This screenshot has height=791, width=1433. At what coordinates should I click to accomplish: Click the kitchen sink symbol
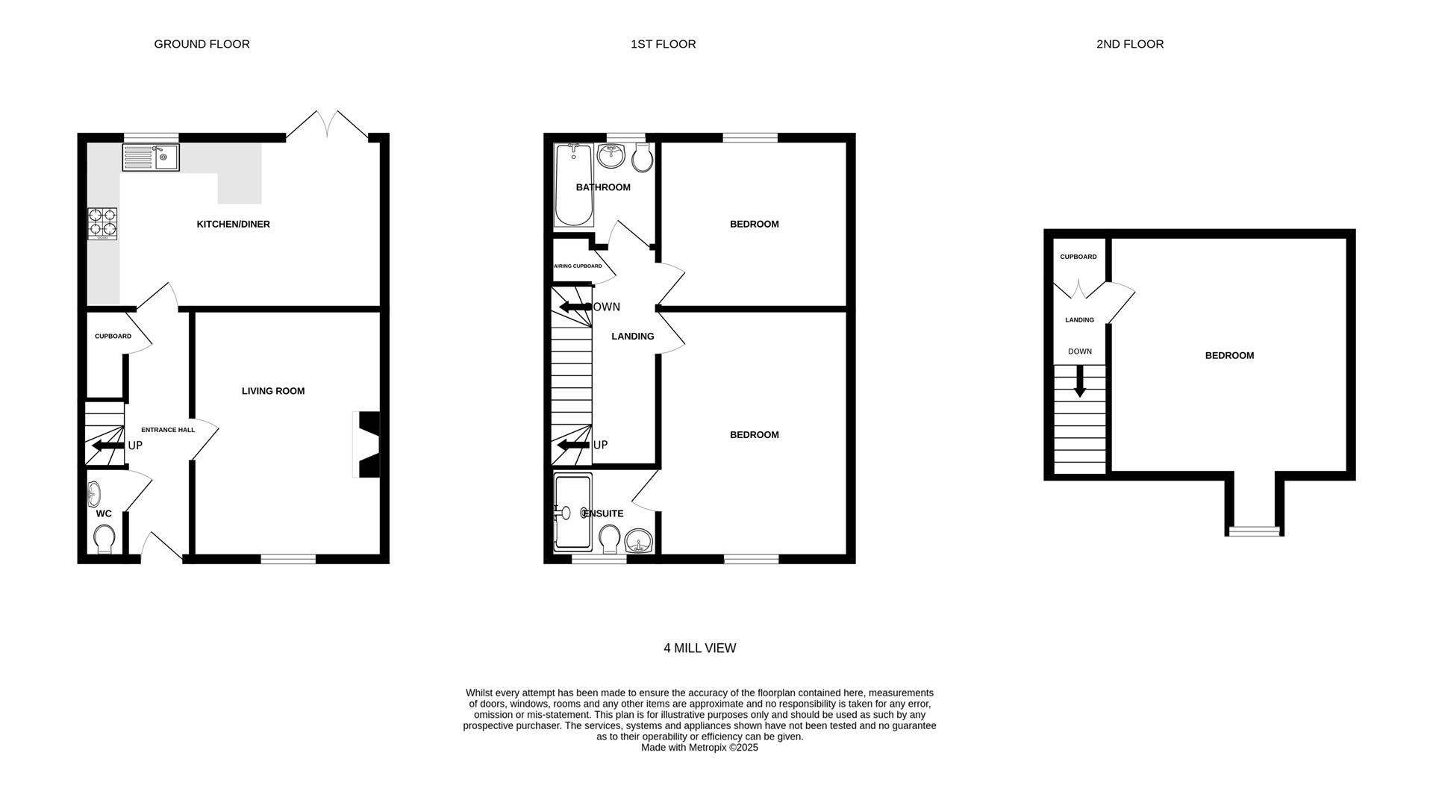click(151, 157)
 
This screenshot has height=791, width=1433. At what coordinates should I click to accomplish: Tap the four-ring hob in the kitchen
click(103, 223)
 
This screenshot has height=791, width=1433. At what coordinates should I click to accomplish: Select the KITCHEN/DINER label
click(233, 224)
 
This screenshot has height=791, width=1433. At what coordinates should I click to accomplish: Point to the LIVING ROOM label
click(273, 391)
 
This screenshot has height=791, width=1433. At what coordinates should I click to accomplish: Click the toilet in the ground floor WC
click(104, 538)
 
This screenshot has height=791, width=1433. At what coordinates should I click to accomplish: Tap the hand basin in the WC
click(94, 493)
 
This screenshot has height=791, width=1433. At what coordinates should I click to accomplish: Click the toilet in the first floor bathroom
click(642, 157)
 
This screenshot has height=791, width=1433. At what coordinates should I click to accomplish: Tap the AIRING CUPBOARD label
click(578, 266)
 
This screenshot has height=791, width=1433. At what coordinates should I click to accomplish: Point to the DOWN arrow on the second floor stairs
click(1079, 384)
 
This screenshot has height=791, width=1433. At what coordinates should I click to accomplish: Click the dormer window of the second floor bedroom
click(1255, 531)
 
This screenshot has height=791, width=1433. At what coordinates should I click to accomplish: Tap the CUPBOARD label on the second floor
click(1078, 257)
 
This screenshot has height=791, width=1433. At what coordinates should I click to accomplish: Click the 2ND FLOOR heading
click(1130, 44)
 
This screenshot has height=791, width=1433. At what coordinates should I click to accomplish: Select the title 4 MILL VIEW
click(699, 648)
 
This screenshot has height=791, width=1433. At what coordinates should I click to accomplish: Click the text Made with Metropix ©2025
click(699, 747)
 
